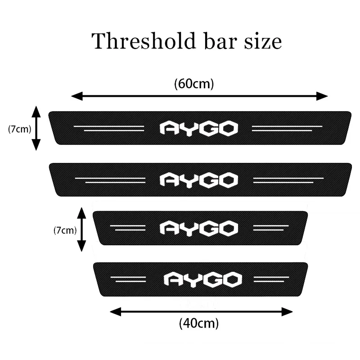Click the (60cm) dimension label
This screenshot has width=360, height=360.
tap(193, 84)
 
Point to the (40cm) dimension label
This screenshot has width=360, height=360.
tap(199, 323)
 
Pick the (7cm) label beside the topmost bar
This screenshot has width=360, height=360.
tap(19, 129)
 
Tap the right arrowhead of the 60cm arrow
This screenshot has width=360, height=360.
tap(324, 96)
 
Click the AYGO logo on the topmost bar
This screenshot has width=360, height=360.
tap(198, 129)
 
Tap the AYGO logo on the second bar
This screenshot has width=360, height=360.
tap(198, 180)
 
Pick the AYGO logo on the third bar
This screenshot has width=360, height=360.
tap(198, 228)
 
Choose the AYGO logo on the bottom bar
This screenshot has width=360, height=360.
tap(202, 279)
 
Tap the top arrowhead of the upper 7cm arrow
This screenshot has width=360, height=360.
tap(36, 110)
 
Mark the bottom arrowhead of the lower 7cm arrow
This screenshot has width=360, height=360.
tap(81, 247)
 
